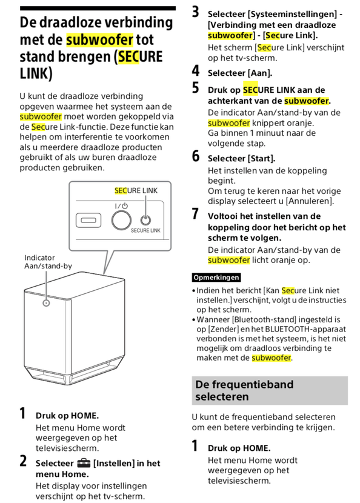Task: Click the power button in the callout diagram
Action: point(121,221)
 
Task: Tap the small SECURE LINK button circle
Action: point(145,221)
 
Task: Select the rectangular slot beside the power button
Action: point(88,221)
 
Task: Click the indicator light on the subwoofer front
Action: point(46,302)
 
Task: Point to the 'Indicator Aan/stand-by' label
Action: point(48,262)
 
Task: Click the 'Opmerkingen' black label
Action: point(216,277)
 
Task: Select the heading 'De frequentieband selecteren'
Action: point(244,390)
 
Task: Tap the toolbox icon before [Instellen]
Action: point(84,463)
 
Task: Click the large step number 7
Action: point(195,214)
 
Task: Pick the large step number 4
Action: point(196,71)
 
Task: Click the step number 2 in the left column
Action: point(23,461)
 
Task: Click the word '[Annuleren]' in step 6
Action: point(310,201)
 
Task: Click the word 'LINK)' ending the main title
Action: point(36,73)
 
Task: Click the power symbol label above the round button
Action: point(121,205)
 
